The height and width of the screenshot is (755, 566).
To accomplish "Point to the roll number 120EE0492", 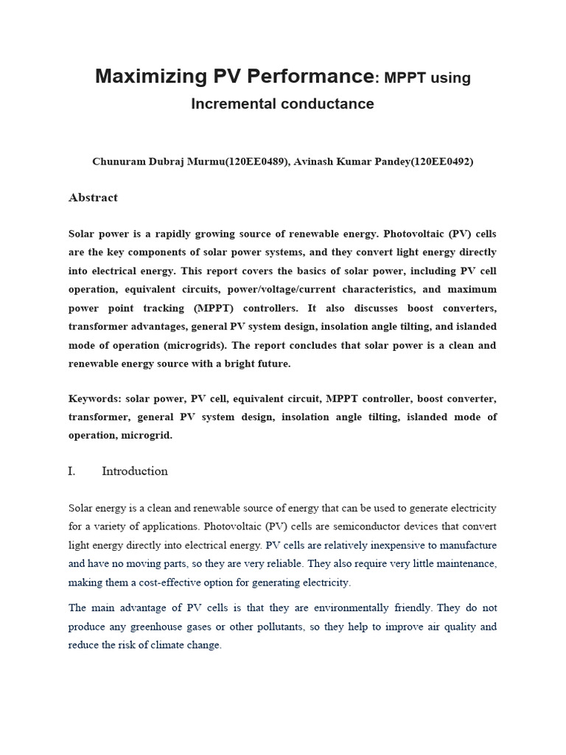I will pyautogui.click(x=439, y=161).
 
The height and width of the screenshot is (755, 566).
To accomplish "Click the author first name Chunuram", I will pyautogui.click(x=120, y=161).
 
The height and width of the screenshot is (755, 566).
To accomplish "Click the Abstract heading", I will pyautogui.click(x=93, y=198).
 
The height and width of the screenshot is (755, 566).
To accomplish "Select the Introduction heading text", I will pyautogui.click(x=135, y=471).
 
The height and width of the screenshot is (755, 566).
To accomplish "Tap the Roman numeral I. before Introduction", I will pyautogui.click(x=72, y=471).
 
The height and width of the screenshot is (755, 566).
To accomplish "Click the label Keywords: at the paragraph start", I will pyautogui.click(x=94, y=399).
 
